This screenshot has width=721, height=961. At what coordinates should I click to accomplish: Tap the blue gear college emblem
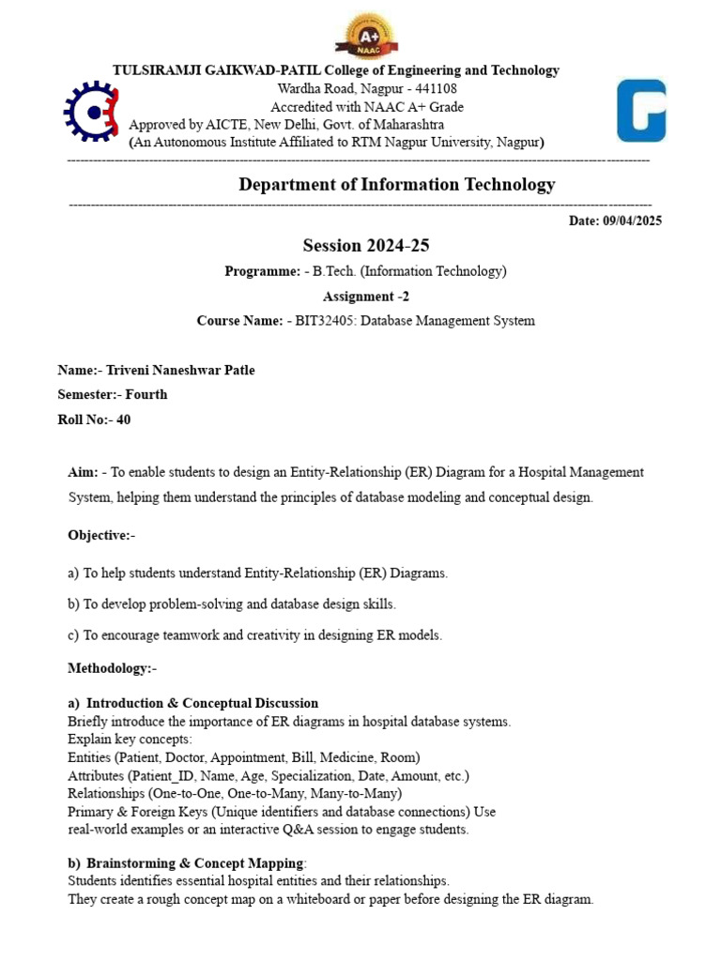(91, 113)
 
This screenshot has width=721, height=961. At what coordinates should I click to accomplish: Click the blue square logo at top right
(640, 110)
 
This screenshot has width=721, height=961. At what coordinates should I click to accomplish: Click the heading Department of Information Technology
(396, 185)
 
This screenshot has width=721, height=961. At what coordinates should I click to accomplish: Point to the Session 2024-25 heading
(365, 246)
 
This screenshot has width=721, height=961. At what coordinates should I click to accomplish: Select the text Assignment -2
(365, 297)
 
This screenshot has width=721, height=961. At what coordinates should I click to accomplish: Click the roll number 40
(123, 420)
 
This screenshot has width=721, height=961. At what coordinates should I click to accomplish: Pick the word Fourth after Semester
(146, 395)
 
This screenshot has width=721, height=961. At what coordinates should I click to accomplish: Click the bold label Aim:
(83, 472)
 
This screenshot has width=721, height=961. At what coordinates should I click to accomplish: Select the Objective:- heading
(101, 536)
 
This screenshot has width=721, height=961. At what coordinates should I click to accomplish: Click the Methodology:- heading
(112, 669)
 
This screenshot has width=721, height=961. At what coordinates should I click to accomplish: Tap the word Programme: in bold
(262, 271)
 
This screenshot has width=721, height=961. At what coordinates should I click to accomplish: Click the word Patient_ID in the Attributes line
(181, 776)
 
